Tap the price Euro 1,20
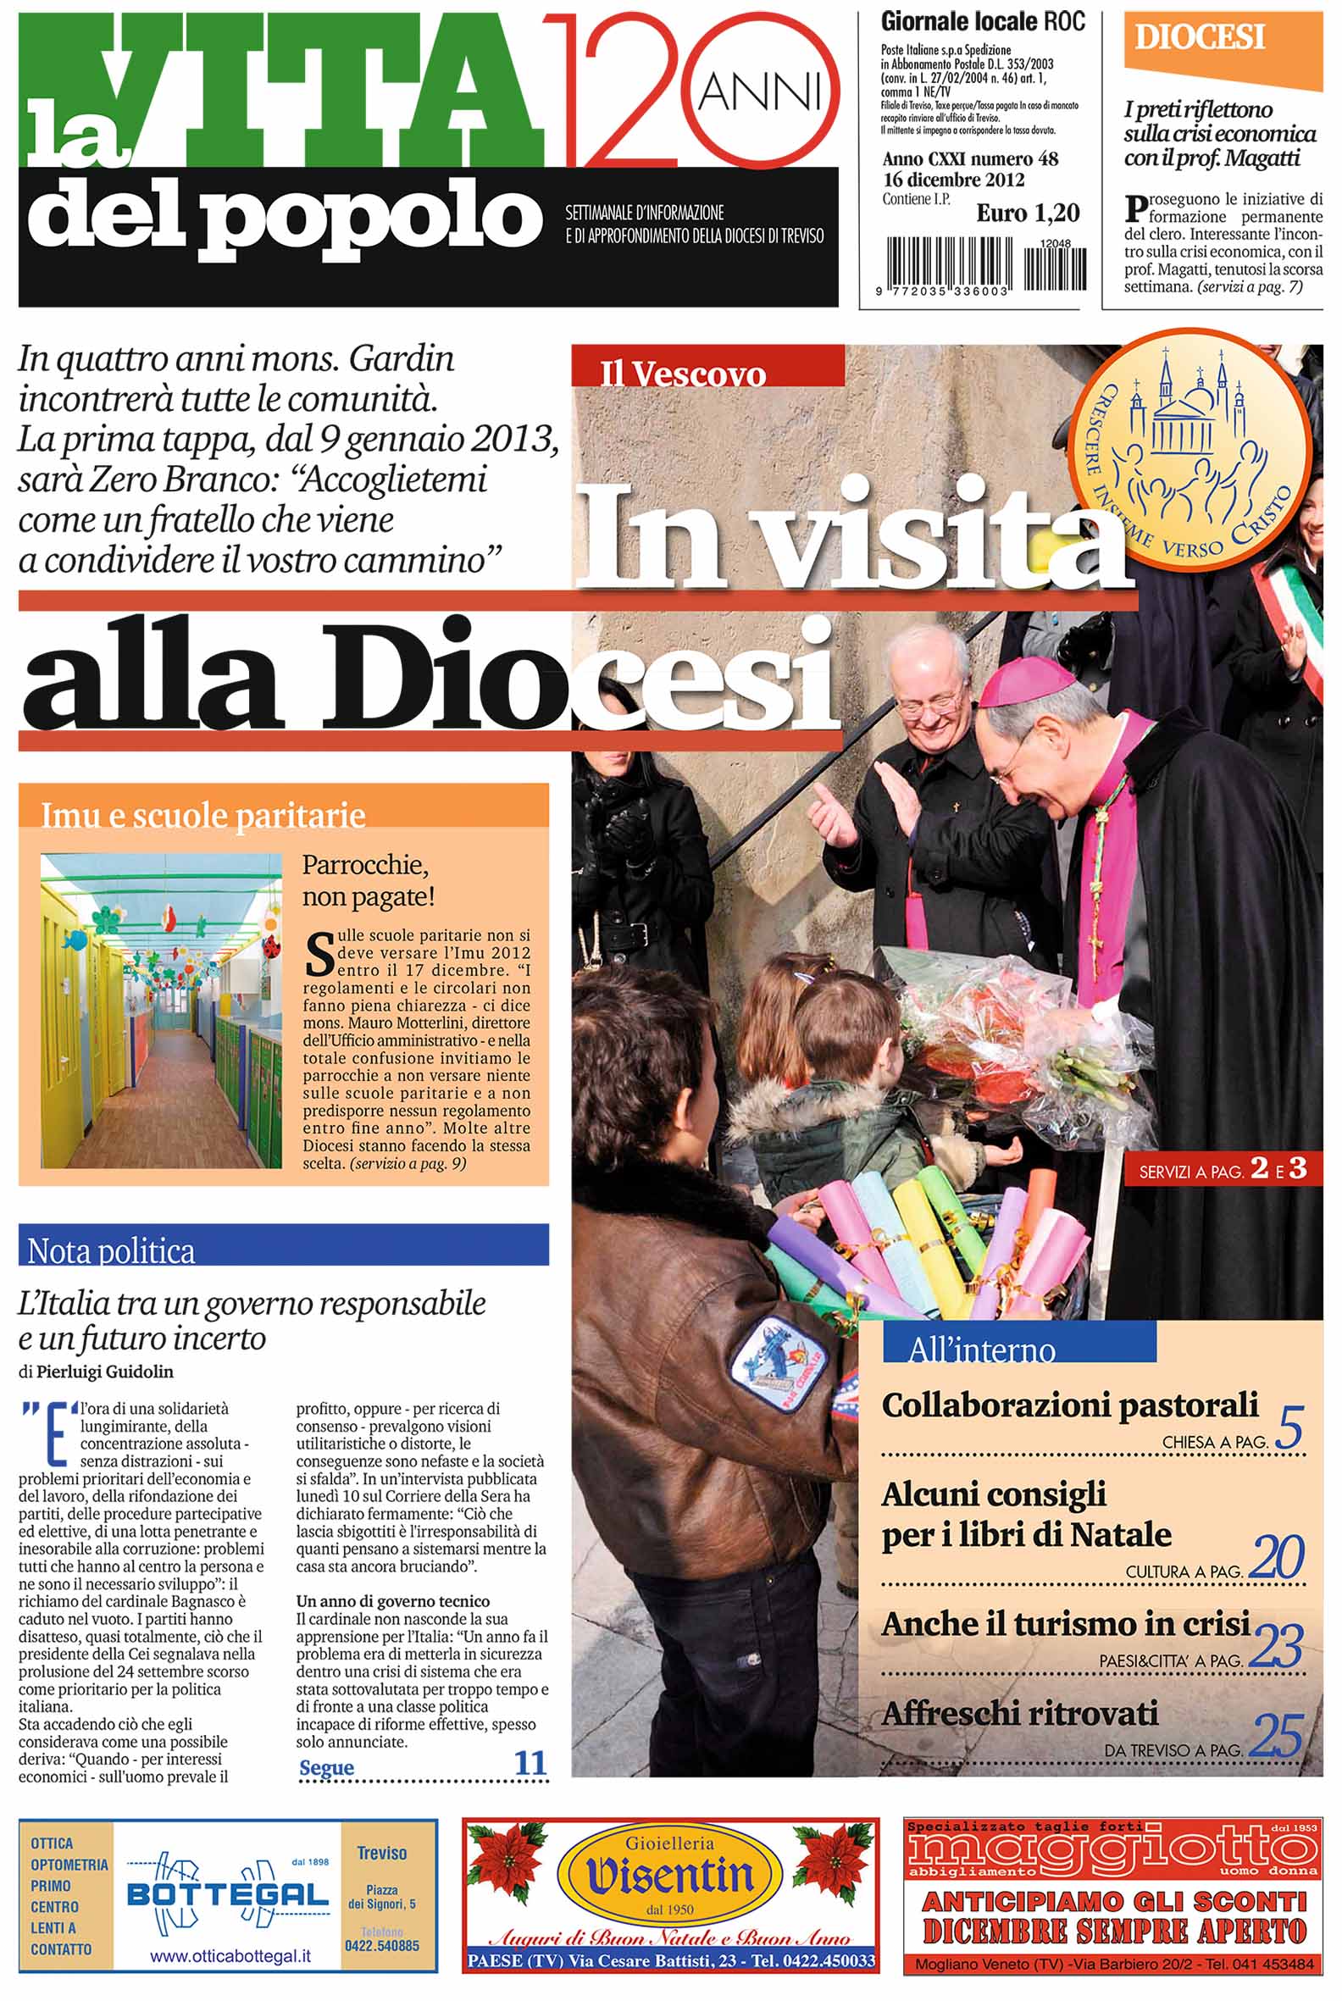(x=1028, y=213)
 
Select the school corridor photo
(x=161, y=1010)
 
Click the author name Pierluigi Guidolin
(x=104, y=1372)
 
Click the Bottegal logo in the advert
(x=227, y=1892)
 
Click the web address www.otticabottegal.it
(x=230, y=1956)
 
